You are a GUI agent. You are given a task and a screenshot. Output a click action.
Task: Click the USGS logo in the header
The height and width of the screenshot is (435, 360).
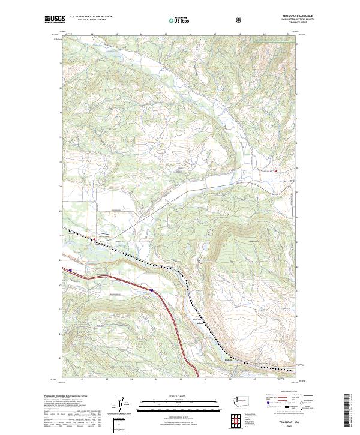(55, 19)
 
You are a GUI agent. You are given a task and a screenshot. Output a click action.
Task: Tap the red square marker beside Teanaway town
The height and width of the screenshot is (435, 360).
(95, 239)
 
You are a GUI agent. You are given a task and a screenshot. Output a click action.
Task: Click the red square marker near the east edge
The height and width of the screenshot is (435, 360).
(275, 172)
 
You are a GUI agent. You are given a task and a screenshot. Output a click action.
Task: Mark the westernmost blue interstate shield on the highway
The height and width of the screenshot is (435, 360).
(71, 270)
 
